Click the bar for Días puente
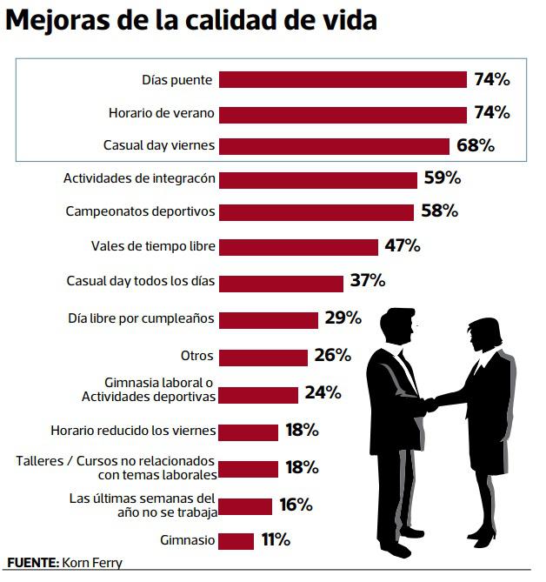(x=343, y=80)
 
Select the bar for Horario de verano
(x=343, y=113)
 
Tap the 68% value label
(x=475, y=145)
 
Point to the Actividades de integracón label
(x=139, y=178)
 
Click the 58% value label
(x=438, y=211)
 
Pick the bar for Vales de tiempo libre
(x=298, y=246)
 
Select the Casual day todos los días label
(x=141, y=281)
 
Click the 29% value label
(x=343, y=318)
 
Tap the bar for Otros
(x=263, y=356)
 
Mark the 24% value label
(x=322, y=392)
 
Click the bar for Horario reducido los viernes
(x=248, y=431)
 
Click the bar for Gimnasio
(x=236, y=540)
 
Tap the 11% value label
(x=276, y=540)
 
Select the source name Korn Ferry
(x=92, y=563)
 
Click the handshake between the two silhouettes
(x=430, y=404)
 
